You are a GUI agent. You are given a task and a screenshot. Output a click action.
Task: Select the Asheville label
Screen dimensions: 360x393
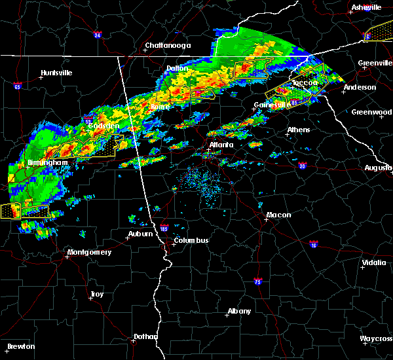[x=366, y=7]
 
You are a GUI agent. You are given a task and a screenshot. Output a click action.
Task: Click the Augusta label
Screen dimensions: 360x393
[x=378, y=168]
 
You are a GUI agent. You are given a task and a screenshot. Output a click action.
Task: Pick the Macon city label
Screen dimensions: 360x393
[x=278, y=215]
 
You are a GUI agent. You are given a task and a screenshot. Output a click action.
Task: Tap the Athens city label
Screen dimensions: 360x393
[x=299, y=130]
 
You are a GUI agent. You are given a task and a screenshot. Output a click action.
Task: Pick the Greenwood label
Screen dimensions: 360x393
[x=371, y=112]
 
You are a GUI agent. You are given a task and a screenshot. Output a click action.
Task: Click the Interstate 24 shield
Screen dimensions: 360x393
[x=97, y=34]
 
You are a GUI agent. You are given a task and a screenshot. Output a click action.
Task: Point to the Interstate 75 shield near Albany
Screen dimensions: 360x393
[x=258, y=281]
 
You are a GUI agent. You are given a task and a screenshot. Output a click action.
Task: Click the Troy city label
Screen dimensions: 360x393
[x=96, y=295]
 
